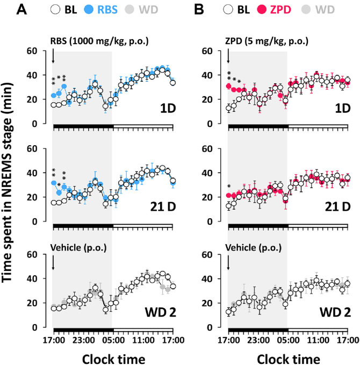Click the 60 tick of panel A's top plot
pos(40,51)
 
